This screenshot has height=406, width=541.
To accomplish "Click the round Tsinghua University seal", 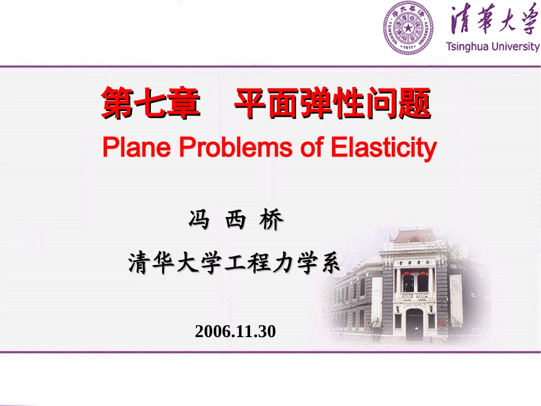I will point(408,27).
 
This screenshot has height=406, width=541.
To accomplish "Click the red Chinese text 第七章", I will point(150,103).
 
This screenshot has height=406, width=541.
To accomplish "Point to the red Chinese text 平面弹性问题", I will point(333,103).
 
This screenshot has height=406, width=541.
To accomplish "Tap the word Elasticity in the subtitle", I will point(383,148).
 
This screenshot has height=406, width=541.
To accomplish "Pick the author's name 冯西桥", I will point(236,220).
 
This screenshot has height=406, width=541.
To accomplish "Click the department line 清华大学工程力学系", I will point(234,263).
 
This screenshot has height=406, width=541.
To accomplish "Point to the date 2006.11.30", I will point(235,331).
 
